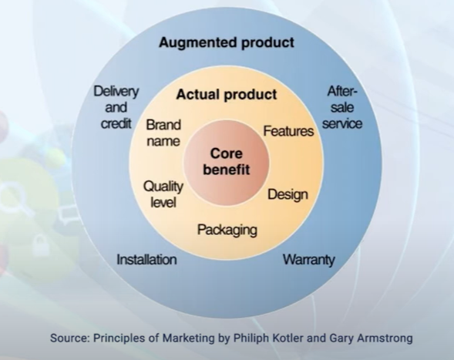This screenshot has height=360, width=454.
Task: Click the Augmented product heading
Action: coord(227,43)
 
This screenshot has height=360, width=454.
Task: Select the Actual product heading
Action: coord(227,94)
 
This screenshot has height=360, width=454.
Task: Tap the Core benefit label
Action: coord(226,161)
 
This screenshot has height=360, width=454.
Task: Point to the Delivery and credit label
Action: coord(116,107)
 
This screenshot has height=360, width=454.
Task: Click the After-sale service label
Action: coord(342,107)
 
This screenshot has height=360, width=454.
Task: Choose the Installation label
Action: coord(146,259)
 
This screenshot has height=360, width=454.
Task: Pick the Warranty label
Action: coord(308,260)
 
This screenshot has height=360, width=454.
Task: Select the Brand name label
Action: coord(163,133)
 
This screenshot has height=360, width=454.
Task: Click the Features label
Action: coord(288,131)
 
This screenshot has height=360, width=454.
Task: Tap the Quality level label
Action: coord(163,194)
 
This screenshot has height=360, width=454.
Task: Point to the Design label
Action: coord(288,194)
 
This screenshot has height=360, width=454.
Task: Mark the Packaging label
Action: coord(227,230)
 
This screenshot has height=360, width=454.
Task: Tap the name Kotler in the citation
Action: coord(285,338)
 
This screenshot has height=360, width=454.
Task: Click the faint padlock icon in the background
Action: coord(41,245)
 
